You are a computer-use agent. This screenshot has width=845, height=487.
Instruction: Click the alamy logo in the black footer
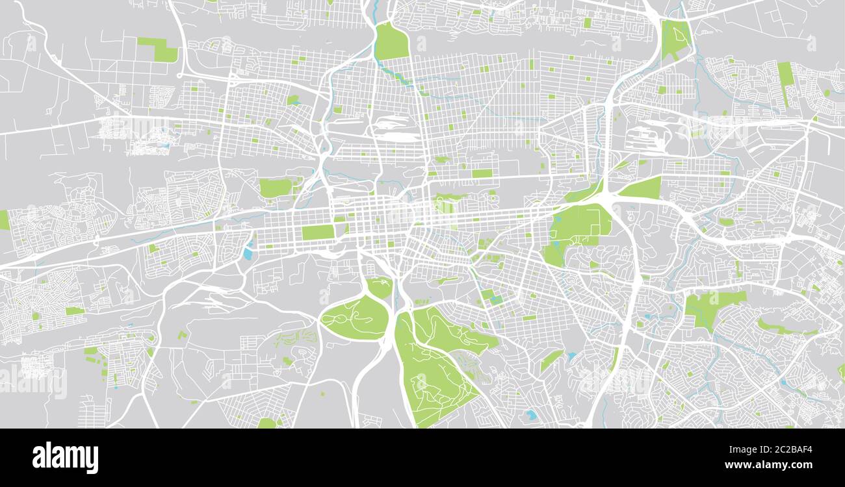coord(65,457)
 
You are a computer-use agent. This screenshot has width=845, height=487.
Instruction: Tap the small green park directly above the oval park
coord(380,287)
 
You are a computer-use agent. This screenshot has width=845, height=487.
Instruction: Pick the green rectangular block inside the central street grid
coord(317,232)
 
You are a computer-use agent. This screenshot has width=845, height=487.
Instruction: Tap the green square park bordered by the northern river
coord(392,42)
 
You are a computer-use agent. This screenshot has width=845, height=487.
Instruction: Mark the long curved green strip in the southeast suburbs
coord(783,328)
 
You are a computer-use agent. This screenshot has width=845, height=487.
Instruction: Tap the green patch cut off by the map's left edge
coord(4,219)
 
